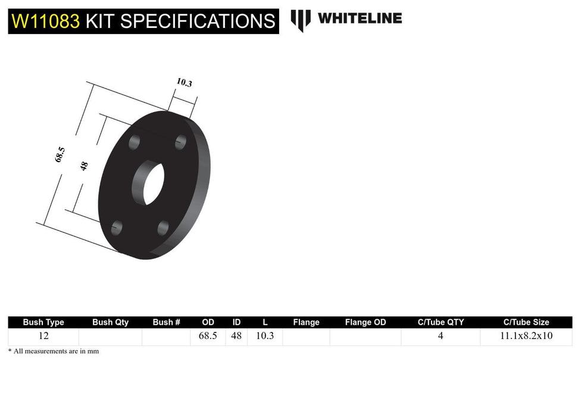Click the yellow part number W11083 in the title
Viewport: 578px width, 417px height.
pyautogui.click(x=46, y=21)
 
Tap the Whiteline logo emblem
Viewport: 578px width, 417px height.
pyautogui.click(x=301, y=20)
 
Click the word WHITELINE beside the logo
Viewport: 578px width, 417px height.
pyautogui.click(x=360, y=18)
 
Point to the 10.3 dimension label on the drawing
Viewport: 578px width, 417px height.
pyautogui.click(x=185, y=83)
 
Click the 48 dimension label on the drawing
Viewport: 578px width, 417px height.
pyautogui.click(x=84, y=166)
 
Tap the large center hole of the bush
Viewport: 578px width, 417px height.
pyautogui.click(x=148, y=183)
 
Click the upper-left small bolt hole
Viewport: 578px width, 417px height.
pyautogui.click(x=135, y=142)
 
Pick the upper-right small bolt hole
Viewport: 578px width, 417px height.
pyautogui.click(x=181, y=142)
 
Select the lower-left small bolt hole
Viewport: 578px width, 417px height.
pyautogui.click(x=117, y=227)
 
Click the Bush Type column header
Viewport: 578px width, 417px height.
pyautogui.click(x=43, y=322)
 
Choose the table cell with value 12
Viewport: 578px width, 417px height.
pyautogui.click(x=43, y=335)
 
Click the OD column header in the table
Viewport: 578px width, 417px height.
pyautogui.click(x=208, y=322)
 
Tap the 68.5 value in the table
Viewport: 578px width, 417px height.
pyautogui.click(x=208, y=335)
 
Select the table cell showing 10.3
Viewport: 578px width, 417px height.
pyautogui.click(x=265, y=335)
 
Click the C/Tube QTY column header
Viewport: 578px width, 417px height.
pyautogui.click(x=440, y=322)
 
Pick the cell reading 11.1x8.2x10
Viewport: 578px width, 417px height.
pyautogui.click(x=526, y=335)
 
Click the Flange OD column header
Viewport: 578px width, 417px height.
pyautogui.click(x=365, y=322)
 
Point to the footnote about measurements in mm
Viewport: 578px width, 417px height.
pyautogui.click(x=54, y=351)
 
